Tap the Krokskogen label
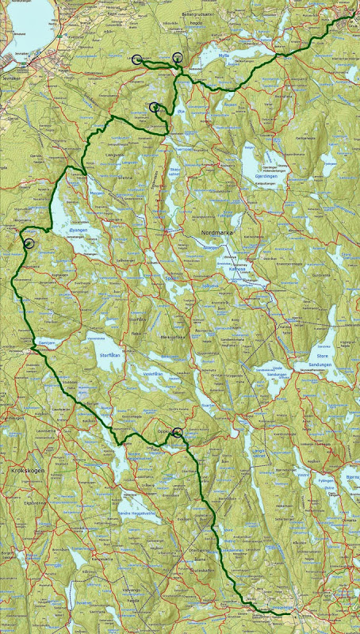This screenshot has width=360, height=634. (x=30, y=470)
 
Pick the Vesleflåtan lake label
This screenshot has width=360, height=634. (x=152, y=373)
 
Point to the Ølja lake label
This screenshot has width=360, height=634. (x=181, y=112)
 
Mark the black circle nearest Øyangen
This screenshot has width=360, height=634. (x=29, y=244)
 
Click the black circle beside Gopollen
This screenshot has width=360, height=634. (x=178, y=432)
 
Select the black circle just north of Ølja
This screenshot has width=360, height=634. (x=155, y=107)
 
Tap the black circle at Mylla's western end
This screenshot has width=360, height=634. (x=177, y=57)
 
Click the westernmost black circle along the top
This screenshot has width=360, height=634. (x=137, y=59)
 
